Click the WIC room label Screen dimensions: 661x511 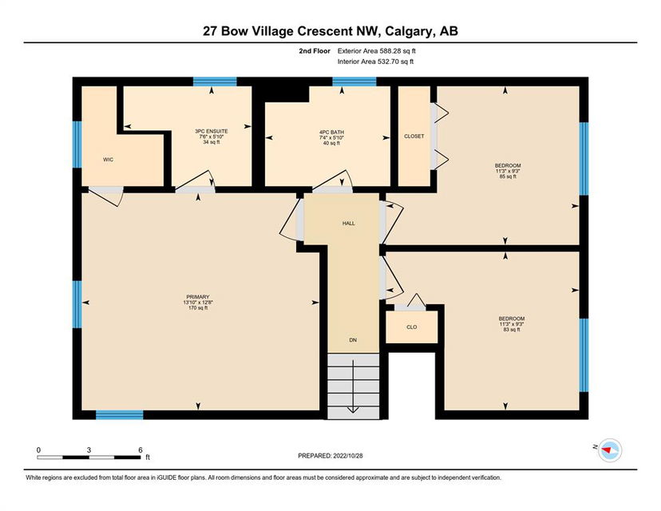coord(109,160)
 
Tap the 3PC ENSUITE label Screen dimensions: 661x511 coord(212,131)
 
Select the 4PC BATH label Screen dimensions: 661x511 coord(331,132)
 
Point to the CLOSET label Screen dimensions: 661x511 coord(414,137)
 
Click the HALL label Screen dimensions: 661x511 coord(349,224)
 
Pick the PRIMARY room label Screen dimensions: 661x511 coord(198,297)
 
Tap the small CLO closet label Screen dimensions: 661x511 coord(412,327)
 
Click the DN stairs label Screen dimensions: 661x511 coord(354,340)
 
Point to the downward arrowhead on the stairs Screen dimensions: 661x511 coord(353,410)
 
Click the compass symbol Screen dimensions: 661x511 coord(610,450)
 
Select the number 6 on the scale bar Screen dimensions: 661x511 coord(141,450)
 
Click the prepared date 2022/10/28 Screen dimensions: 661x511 coord(348,456)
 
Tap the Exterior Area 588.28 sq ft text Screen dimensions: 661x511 coord(377,51)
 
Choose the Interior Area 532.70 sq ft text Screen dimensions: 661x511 coord(376,61)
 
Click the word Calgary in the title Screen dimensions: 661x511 coord(410,31)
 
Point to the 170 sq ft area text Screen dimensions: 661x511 coord(198,307)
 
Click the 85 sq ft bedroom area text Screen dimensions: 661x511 coord(508,176)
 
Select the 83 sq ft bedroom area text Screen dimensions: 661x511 coord(512,329)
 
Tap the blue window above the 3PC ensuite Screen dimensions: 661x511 coord(215,81)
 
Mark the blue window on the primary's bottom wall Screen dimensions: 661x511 coord(120,415)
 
